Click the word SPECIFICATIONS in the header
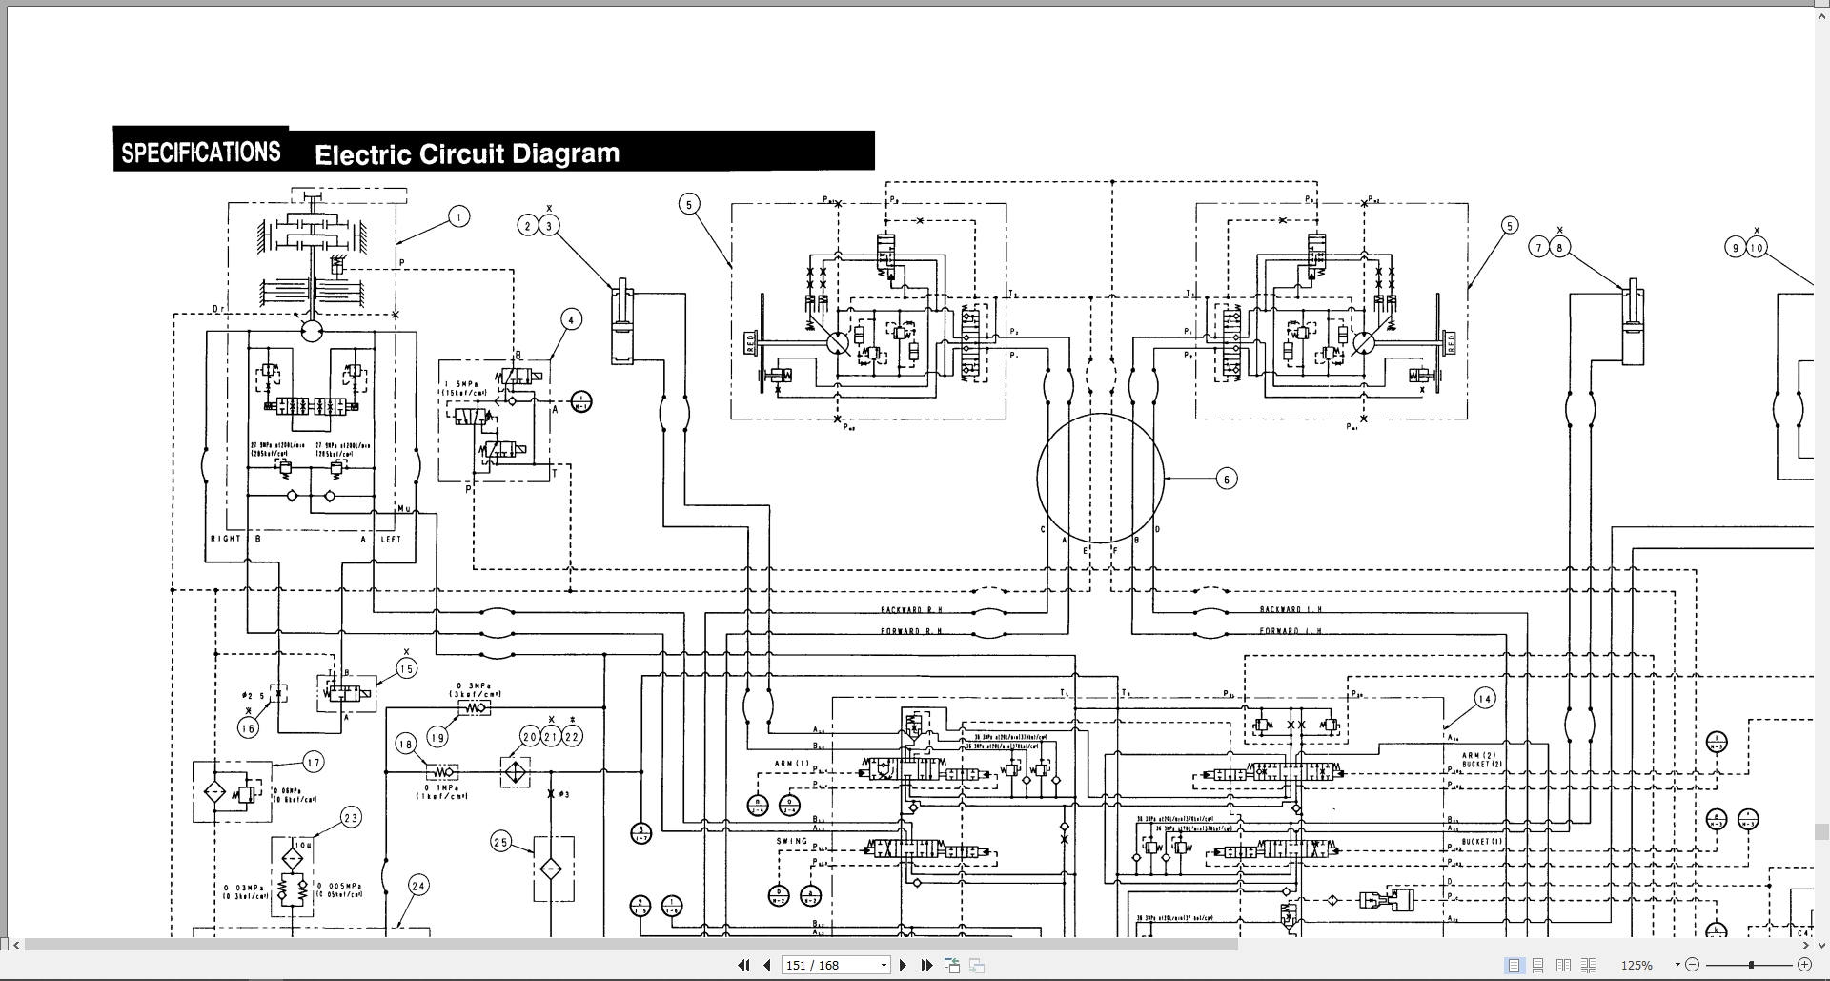point(201,153)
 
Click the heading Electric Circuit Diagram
point(467,154)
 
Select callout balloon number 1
point(458,217)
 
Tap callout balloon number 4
point(570,319)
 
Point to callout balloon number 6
point(1227,479)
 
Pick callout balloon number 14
point(1484,699)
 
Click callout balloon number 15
point(406,669)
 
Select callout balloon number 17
point(314,762)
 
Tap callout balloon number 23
point(351,818)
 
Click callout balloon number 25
point(501,842)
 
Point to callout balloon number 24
point(418,886)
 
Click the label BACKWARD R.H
point(911,610)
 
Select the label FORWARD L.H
point(1291,631)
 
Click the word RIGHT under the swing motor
point(226,540)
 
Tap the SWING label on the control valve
point(792,842)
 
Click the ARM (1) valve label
point(791,764)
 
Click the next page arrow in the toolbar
point(903,966)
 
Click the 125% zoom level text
point(1637,966)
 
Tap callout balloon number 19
point(437,737)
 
